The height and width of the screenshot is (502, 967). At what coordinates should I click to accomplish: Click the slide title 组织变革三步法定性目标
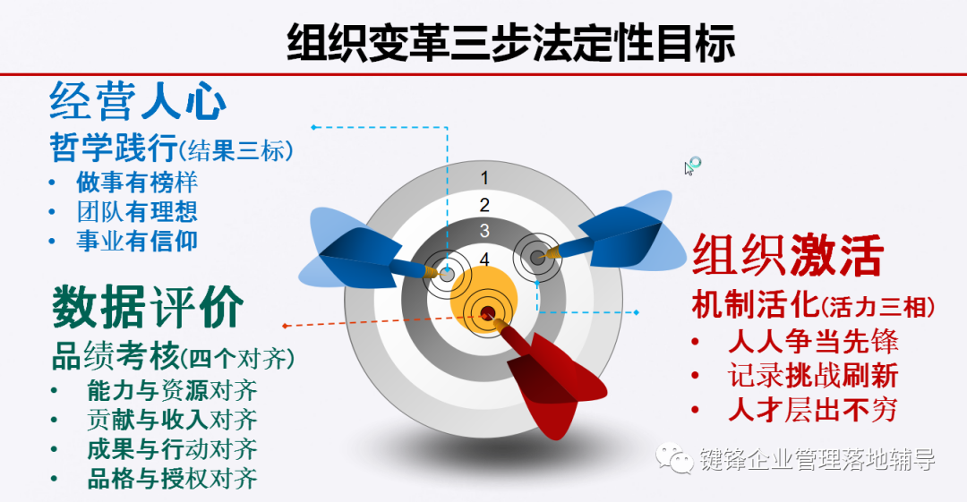click(x=511, y=43)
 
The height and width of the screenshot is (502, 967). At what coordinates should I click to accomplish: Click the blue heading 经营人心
click(x=138, y=101)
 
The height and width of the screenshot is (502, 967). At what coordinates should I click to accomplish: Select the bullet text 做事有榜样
click(x=137, y=182)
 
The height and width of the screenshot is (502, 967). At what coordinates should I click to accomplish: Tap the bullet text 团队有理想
click(x=137, y=211)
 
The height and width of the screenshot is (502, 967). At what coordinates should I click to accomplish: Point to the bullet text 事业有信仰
click(x=137, y=241)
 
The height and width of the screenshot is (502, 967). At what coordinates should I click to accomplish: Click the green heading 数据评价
click(x=148, y=307)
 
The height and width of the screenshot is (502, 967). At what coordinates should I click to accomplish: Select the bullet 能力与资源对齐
click(x=172, y=390)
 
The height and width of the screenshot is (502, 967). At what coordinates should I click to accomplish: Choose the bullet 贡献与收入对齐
click(x=172, y=420)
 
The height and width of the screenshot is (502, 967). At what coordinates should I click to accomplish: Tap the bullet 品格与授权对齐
click(x=172, y=479)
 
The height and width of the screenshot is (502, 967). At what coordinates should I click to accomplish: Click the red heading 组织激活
click(x=788, y=255)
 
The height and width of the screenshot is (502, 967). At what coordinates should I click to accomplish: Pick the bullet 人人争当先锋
click(x=813, y=342)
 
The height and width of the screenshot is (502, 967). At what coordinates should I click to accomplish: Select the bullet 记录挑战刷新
click(x=813, y=376)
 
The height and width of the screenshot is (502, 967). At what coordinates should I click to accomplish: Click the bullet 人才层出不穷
click(x=813, y=410)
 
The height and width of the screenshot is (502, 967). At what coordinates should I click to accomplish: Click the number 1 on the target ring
click(x=484, y=177)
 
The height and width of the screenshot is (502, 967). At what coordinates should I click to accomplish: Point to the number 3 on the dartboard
click(x=484, y=231)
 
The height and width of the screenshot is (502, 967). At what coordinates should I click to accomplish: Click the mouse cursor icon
click(x=692, y=166)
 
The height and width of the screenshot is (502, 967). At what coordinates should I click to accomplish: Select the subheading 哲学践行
click(x=114, y=148)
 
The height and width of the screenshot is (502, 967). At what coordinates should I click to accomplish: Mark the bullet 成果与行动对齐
click(x=172, y=449)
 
